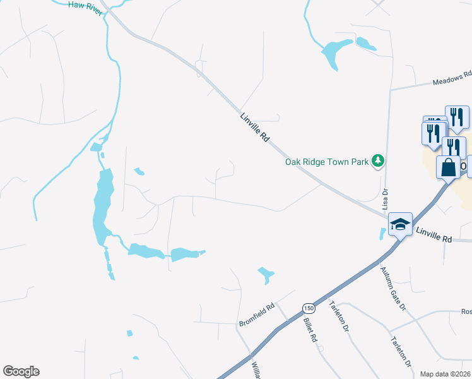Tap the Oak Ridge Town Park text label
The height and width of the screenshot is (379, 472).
(x=326, y=162)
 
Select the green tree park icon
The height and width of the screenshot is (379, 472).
(x=378, y=161)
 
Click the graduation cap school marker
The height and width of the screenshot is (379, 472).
(x=400, y=224)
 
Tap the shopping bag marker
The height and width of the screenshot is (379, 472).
(x=448, y=169)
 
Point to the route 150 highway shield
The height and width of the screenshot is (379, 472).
(x=308, y=308)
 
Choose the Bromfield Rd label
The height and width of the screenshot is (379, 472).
(x=256, y=315)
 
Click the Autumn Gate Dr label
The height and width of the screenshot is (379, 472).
(x=392, y=287)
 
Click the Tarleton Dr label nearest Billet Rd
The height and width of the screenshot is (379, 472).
(x=338, y=316)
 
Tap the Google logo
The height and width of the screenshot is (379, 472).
(x=21, y=371)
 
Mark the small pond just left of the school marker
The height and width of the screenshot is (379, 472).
(x=382, y=233)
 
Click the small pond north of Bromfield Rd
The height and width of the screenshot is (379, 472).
(x=266, y=274)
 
